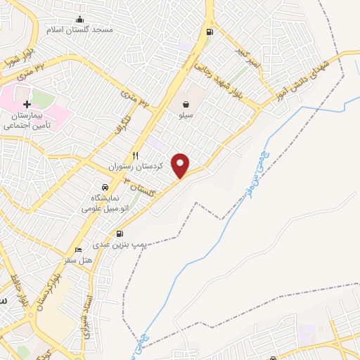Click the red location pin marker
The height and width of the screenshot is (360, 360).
(181, 165)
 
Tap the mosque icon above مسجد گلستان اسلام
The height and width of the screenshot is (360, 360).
(79, 19)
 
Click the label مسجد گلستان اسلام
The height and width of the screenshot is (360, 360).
(79, 31)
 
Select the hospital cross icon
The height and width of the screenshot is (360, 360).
(27, 103)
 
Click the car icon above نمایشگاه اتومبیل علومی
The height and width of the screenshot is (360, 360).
(105, 188)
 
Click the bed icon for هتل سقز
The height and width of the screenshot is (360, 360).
(78, 250)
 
